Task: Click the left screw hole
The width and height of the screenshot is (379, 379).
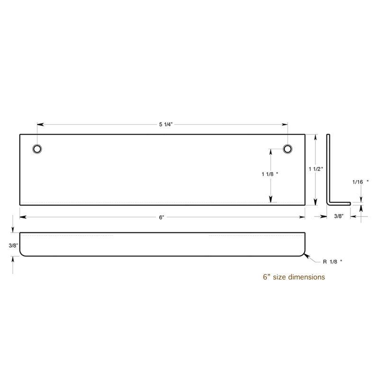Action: (x=37, y=149)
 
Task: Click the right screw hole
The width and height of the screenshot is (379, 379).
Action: (x=288, y=149)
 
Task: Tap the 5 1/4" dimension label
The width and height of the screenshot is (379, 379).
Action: (x=166, y=125)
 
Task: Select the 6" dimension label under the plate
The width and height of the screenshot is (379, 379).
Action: (x=162, y=217)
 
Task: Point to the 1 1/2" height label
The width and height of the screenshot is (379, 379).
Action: (x=316, y=169)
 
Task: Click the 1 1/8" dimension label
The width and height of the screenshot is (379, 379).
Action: (x=270, y=174)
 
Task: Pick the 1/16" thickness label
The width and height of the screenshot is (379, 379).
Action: (x=361, y=182)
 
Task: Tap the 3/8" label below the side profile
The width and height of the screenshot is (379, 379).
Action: (x=339, y=216)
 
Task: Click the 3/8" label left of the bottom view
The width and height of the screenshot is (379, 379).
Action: (x=13, y=245)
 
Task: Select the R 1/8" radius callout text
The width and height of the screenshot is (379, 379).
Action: (x=333, y=262)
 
